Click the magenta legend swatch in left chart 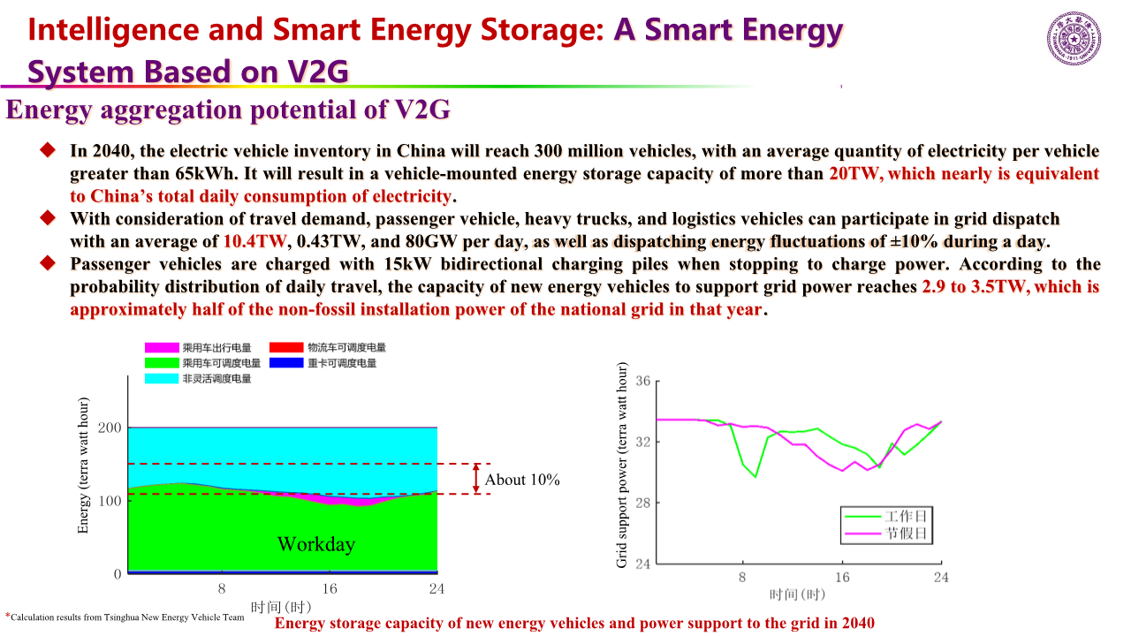coord(162,348)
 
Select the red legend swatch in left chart coord(286,348)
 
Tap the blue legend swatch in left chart coord(286,363)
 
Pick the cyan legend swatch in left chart coord(162,379)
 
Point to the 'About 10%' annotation coord(522,480)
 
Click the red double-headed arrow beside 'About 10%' coord(477,478)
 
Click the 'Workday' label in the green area coord(316,544)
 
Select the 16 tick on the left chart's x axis coord(330,589)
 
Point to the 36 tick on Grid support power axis coord(642,382)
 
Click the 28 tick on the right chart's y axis coord(642,503)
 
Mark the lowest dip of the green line coord(755,477)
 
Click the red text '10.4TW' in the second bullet coord(256,241)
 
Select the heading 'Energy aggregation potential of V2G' coord(229,110)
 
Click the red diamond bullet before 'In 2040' coord(48,150)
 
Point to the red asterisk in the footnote coord(8,616)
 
